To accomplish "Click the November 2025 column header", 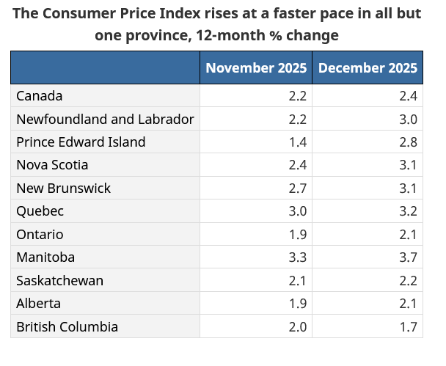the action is click(x=256, y=68).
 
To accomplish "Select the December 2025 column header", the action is click(x=368, y=68).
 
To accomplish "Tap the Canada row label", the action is click(x=40, y=96).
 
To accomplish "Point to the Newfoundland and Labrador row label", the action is click(x=105, y=119).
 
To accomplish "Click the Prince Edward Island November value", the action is click(x=298, y=142).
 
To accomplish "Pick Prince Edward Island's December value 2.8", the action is click(x=408, y=142).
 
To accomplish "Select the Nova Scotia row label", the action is click(x=52, y=165).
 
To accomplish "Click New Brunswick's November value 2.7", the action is click(x=298, y=189).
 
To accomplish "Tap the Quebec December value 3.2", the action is click(x=408, y=211).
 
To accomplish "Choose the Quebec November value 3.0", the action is click(x=298, y=211).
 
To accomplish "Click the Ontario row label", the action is click(x=40, y=235).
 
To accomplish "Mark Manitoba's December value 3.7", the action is click(x=408, y=257).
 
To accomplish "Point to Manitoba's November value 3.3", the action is click(x=298, y=257).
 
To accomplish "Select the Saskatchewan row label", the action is click(x=59, y=281).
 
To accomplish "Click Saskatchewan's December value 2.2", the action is click(x=408, y=281).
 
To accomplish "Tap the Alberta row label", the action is click(x=38, y=304).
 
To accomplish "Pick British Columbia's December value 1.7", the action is click(x=408, y=326).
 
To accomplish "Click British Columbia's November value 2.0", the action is click(x=298, y=326).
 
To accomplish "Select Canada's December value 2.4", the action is click(x=408, y=96).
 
